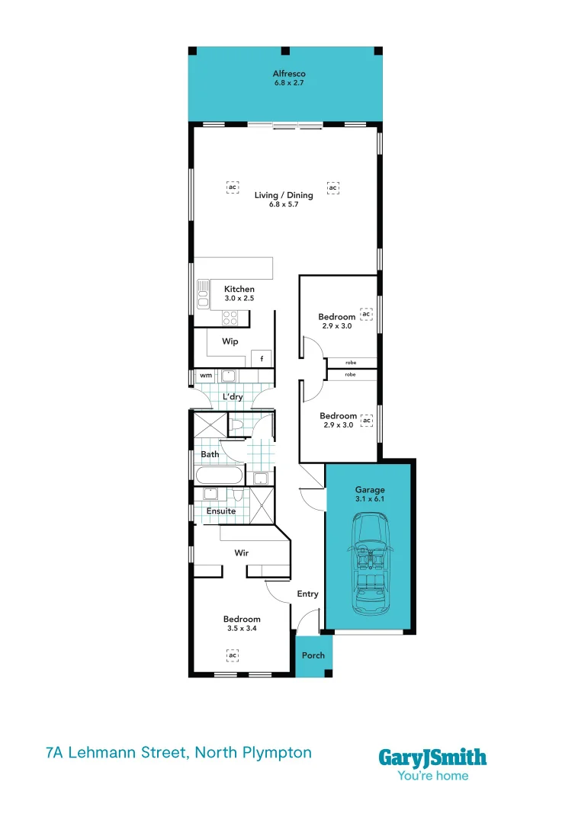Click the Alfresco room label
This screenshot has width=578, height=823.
(289, 74)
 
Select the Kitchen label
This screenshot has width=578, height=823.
(239, 290)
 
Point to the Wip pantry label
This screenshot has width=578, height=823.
(230, 341)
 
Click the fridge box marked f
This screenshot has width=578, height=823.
(262, 358)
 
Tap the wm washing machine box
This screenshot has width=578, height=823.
(205, 376)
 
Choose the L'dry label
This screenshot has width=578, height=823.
(233, 398)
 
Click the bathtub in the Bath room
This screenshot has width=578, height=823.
(219, 476)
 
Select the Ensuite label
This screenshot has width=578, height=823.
(221, 511)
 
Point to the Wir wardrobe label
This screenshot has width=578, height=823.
(241, 553)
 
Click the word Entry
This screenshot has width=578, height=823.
(307, 594)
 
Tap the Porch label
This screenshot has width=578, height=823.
(313, 655)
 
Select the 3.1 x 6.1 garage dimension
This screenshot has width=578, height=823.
(370, 500)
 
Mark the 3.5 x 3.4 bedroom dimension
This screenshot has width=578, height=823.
(242, 629)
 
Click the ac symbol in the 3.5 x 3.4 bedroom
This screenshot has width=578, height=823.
(233, 655)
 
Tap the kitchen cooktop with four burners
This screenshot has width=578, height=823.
(230, 318)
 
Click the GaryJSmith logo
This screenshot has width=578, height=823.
(432, 757)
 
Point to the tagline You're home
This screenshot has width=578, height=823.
(432, 777)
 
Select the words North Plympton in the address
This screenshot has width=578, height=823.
(253, 753)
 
